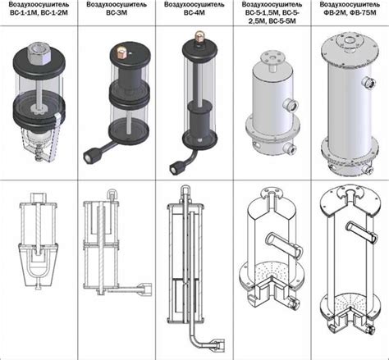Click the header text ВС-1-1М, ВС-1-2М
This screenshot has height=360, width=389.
coord(39,12)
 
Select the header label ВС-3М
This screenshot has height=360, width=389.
coord(117,12)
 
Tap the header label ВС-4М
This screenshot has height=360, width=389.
coord(194,12)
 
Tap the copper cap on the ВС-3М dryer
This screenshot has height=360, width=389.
coord(121,52)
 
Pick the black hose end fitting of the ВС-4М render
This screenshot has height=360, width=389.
coord(175,166)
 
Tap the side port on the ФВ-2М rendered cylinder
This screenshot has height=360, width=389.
coord(368,82)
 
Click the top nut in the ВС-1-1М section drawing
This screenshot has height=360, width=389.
coord(38,198)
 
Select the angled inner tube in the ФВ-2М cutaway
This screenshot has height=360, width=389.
coord(362,233)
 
